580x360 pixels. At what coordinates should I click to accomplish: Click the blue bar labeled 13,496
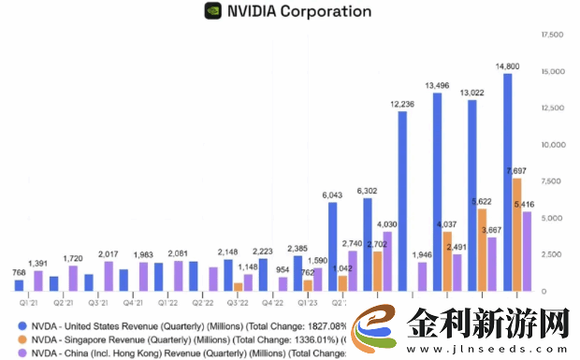437,192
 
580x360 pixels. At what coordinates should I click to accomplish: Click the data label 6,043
332,194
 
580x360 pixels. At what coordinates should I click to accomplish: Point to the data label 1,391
38,264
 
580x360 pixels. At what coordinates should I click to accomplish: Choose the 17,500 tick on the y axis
552,35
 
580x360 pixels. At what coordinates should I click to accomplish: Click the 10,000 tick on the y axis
552,145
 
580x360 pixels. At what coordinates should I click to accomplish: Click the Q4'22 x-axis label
272,302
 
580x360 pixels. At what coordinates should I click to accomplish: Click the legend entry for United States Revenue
178,325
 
